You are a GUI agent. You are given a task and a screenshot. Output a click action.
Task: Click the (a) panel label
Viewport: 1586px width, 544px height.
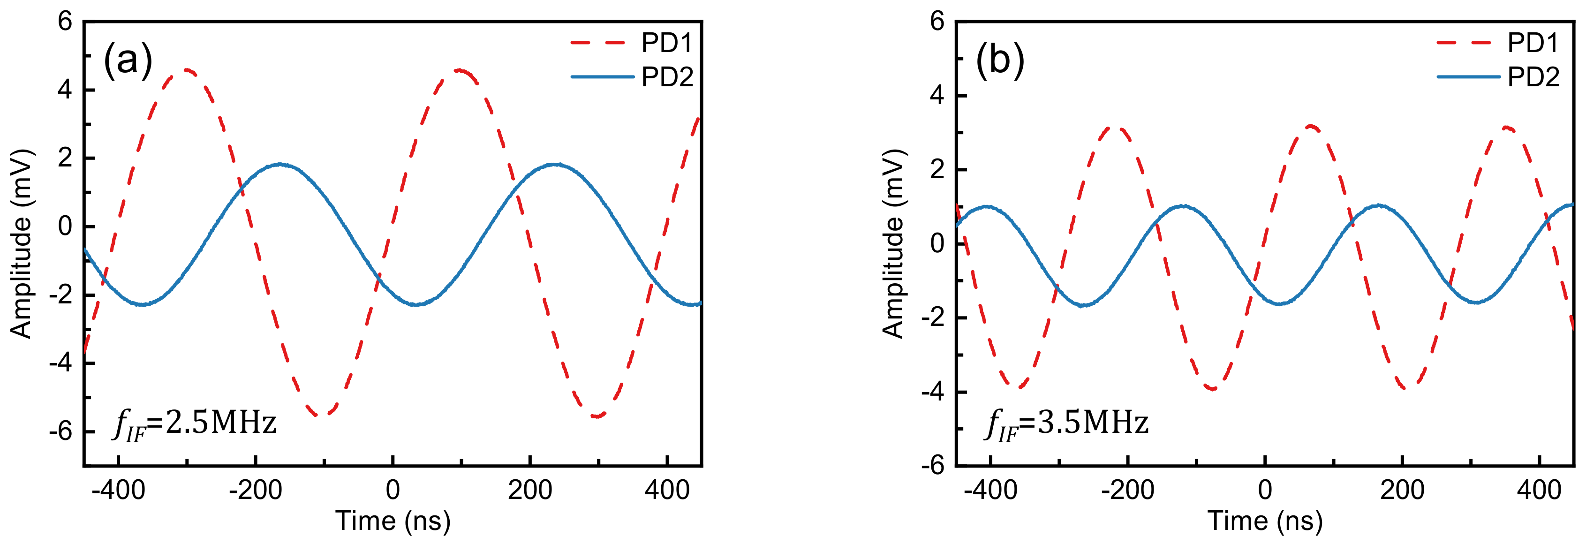coord(128,60)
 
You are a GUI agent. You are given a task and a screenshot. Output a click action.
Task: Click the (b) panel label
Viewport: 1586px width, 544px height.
coord(1000,60)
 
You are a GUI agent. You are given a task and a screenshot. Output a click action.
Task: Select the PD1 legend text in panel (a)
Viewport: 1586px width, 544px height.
coord(667,43)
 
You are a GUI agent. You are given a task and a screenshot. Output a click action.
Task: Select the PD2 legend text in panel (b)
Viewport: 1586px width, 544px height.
coord(1533,77)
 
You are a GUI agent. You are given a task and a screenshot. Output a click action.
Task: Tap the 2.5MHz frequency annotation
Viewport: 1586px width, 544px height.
coord(195,424)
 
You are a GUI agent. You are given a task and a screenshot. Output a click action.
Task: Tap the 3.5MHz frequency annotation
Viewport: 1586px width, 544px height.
coord(1067,424)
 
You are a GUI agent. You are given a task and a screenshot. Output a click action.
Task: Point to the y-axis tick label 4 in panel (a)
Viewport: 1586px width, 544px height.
coord(65,91)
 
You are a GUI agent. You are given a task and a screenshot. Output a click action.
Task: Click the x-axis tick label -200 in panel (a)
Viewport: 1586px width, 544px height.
coord(256,491)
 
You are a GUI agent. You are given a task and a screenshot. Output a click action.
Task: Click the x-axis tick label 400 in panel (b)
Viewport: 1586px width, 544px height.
coord(1539,491)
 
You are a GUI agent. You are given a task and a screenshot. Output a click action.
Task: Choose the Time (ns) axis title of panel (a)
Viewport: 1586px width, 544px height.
coord(393,521)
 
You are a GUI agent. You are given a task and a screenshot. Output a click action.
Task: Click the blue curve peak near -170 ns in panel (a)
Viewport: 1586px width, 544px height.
coord(280,164)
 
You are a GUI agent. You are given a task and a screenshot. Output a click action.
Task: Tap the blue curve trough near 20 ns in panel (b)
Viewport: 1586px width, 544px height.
coord(1279,304)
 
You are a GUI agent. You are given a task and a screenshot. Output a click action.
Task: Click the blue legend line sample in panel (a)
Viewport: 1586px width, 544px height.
coord(602,77)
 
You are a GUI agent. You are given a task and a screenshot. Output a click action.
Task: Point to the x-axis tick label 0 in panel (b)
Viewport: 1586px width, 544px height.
coord(1265,491)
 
